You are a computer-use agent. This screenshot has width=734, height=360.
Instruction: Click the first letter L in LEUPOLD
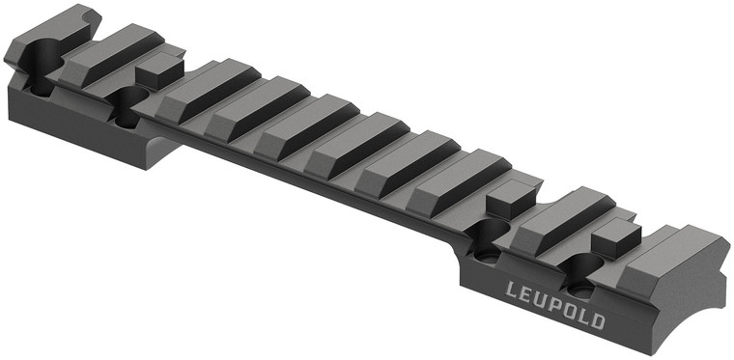pyautogui.click(x=513, y=289)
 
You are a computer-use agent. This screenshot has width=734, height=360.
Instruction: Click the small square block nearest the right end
pyautogui.click(x=617, y=235)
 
